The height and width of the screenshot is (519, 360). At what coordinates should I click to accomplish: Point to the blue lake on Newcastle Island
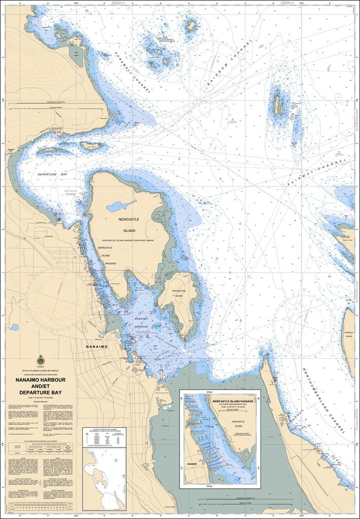[120, 206]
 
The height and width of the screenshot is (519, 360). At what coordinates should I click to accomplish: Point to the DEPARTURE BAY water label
[52, 174]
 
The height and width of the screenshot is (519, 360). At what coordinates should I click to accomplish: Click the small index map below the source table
[104, 479]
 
